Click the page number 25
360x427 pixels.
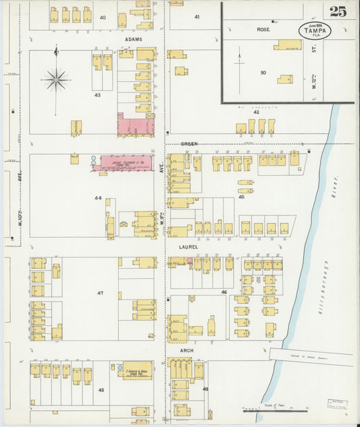pyautogui.click(x=338, y=11)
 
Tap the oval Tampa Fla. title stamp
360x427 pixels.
pyautogui.click(x=315, y=30)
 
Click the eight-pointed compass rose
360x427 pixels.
pyautogui.click(x=57, y=79)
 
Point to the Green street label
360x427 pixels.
pyautogui.click(x=188, y=144)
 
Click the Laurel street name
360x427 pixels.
pyautogui.click(x=188, y=247)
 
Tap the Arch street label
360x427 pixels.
pyautogui.click(x=186, y=351)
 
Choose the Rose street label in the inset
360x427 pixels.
pyautogui.click(x=263, y=30)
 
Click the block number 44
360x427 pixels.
pyautogui.click(x=99, y=198)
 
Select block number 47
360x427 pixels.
pyautogui.click(x=101, y=293)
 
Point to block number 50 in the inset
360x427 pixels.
pyautogui.click(x=263, y=72)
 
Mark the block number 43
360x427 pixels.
pyautogui.click(x=97, y=95)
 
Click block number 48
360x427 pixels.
pyautogui.click(x=101, y=390)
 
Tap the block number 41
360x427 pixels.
pyautogui.click(x=197, y=16)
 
